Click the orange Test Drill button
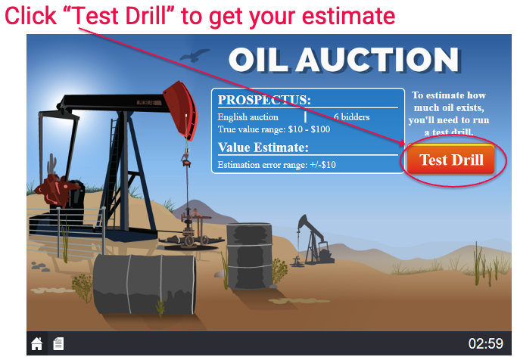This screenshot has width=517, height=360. [450, 160]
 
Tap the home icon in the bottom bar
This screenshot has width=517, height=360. [36, 344]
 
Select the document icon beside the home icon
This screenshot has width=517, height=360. [58, 344]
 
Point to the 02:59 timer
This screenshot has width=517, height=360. [486, 343]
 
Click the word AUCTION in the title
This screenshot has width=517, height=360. [378, 60]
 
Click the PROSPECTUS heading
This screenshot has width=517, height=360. [264, 100]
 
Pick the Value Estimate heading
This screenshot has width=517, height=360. [263, 147]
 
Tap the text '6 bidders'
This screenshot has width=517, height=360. [351, 117]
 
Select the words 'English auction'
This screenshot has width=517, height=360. [248, 117]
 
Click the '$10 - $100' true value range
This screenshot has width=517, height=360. [309, 129]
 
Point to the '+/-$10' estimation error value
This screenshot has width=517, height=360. [322, 164]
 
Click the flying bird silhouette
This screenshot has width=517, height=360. [195, 55]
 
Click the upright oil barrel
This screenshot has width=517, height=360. [249, 256]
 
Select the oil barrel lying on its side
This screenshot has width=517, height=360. [145, 285]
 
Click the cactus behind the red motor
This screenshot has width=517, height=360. [51, 163]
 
